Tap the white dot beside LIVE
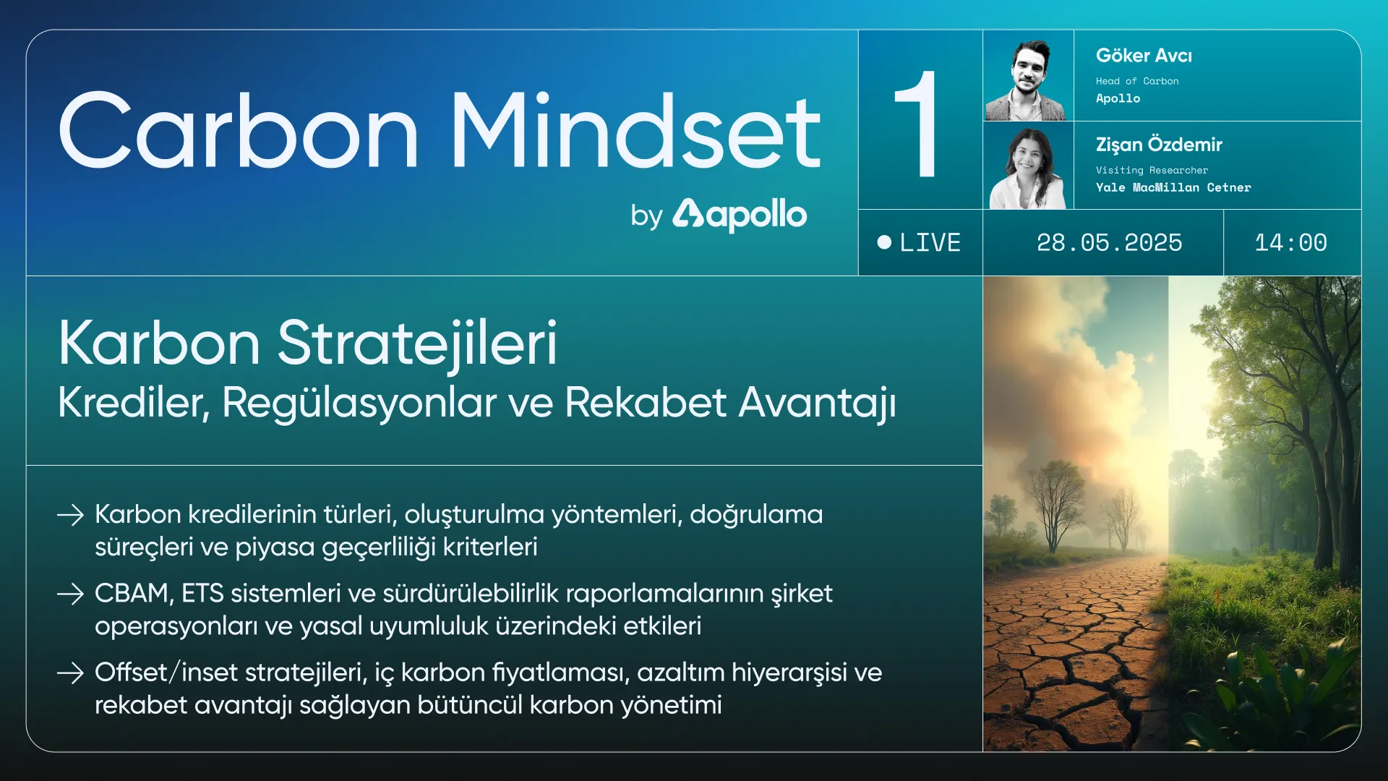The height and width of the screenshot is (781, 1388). point(884,242)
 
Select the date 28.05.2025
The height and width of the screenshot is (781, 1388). point(1109,242)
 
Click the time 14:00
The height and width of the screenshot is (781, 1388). point(1290,242)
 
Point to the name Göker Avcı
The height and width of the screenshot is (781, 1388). point(1144,56)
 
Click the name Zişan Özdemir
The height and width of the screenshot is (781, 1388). point(1159,145)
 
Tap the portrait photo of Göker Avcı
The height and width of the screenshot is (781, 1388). point(1028,76)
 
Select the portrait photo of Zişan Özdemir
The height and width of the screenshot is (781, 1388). point(1028,166)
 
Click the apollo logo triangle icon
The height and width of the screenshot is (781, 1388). point(687,213)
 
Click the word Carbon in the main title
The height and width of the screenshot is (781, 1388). point(239,131)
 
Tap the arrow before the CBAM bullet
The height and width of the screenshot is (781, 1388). point(71,594)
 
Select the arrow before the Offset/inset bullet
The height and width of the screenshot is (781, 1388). point(71,673)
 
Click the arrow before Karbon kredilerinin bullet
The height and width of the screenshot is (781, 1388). point(71,515)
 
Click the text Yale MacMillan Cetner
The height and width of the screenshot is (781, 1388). point(1173,187)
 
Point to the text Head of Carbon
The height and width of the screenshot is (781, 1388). point(1137,81)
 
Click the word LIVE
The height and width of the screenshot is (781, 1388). point(930,242)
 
